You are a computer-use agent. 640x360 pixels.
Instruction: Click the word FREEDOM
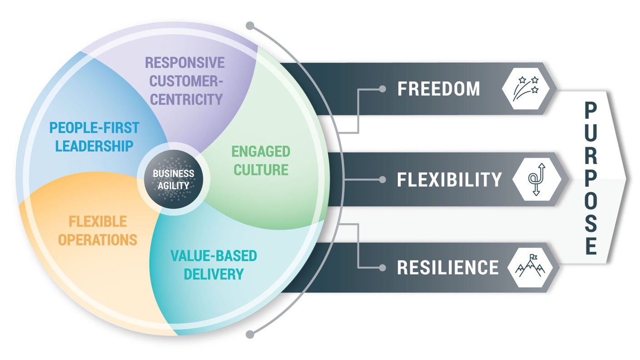click(438, 89)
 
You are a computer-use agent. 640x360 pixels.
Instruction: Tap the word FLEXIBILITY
click(449, 180)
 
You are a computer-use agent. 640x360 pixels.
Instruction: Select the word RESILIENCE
click(447, 267)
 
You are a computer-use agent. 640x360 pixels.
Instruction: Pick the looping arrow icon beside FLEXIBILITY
click(539, 180)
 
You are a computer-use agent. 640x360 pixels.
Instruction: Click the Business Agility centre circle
click(173, 180)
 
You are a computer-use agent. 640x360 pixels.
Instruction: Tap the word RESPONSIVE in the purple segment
click(185, 62)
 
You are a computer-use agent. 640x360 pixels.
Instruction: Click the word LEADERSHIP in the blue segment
click(91, 146)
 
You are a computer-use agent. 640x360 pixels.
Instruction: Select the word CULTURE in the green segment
click(260, 170)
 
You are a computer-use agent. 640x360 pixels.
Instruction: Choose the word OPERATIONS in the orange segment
click(98, 240)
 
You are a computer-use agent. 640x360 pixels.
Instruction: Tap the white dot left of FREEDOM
click(383, 89)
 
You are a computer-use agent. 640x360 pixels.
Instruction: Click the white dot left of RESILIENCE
click(382, 268)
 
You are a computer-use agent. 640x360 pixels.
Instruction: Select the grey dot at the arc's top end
click(249, 25)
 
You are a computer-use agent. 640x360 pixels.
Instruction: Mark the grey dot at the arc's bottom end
click(249, 335)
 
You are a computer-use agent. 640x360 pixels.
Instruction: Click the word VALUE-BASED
click(213, 255)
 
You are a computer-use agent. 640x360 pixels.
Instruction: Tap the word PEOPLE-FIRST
click(94, 127)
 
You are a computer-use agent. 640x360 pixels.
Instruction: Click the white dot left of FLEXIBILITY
click(383, 180)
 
